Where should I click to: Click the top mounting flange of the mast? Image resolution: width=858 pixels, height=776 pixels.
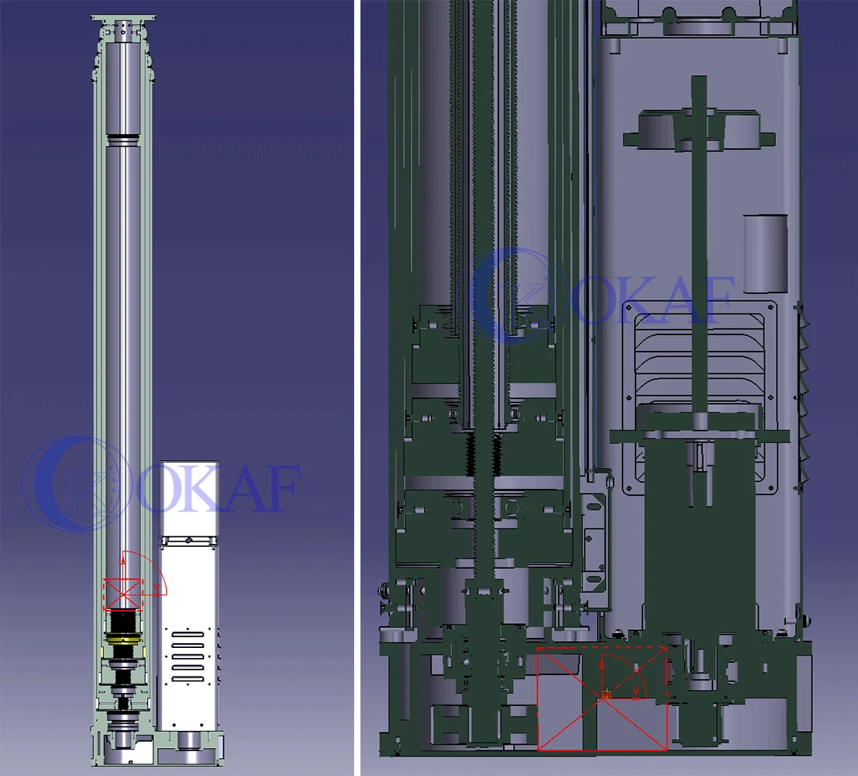(124, 18)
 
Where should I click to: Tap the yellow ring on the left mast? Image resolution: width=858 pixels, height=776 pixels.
(123, 639)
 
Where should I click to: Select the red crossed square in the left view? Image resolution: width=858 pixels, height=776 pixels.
(123, 594)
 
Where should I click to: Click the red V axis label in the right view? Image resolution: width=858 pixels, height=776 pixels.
(636, 691)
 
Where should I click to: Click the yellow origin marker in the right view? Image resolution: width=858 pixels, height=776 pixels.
(606, 695)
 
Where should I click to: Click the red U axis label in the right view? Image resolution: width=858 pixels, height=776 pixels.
(602, 666)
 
